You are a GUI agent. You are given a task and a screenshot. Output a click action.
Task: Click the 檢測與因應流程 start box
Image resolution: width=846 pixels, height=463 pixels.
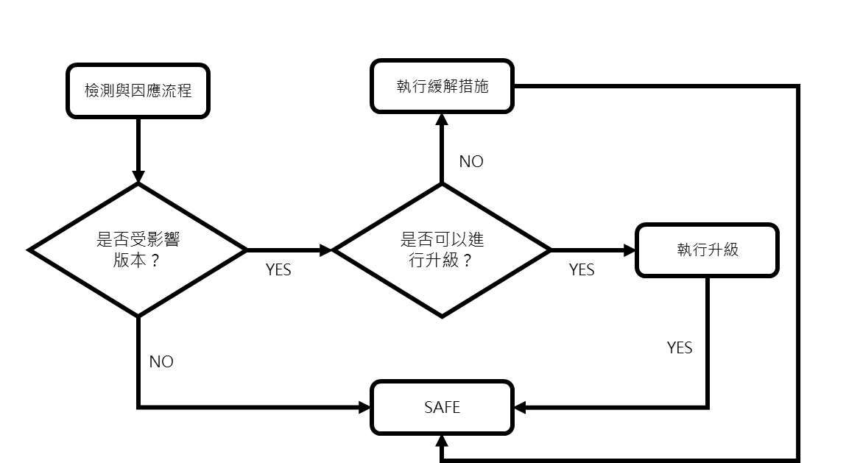tap(138, 91)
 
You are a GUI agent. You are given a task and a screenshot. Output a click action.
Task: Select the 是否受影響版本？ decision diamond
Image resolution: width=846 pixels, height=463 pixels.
tap(138, 250)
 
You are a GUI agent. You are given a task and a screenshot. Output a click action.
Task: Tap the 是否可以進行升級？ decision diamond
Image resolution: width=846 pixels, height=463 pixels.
tap(442, 250)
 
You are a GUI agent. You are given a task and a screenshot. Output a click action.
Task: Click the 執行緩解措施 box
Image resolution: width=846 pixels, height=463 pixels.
tap(441, 86)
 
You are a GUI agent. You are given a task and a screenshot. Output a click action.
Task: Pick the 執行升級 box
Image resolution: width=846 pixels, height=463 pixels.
tap(707, 250)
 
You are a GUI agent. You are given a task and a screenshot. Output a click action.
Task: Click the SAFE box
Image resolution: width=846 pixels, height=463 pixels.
tap(441, 407)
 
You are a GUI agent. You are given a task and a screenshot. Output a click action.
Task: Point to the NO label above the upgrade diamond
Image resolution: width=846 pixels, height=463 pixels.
tap(471, 162)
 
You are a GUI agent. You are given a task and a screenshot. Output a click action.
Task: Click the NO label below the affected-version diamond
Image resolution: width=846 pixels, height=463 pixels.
tap(161, 361)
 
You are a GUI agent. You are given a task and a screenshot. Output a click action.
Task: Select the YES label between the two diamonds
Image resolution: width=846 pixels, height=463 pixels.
tap(278, 270)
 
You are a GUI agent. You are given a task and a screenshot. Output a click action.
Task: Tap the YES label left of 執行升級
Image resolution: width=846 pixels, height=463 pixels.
tap(582, 270)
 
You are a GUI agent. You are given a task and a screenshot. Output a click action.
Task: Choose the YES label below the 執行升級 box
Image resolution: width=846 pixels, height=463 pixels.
tap(680, 347)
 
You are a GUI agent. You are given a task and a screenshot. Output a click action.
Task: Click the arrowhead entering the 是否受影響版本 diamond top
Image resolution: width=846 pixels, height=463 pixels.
tap(138, 177)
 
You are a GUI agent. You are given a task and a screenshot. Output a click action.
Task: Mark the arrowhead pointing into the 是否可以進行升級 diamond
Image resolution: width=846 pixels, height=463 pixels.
tap(326, 250)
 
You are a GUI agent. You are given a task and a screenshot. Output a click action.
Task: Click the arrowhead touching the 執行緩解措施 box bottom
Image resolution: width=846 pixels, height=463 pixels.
tap(441, 119)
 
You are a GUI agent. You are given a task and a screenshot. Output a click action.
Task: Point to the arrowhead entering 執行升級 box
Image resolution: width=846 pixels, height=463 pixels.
tap(630, 250)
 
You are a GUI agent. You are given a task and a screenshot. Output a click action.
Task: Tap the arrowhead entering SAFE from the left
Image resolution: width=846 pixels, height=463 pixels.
tap(364, 407)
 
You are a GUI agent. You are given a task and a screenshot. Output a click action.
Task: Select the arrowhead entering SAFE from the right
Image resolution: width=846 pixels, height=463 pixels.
tap(519, 407)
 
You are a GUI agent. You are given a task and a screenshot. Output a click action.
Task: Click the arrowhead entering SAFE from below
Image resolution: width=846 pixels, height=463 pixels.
tap(441, 440)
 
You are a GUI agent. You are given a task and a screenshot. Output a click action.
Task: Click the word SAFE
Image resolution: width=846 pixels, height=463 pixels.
tap(442, 407)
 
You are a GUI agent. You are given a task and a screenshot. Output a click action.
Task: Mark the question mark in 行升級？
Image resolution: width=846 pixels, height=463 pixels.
tap(467, 261)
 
